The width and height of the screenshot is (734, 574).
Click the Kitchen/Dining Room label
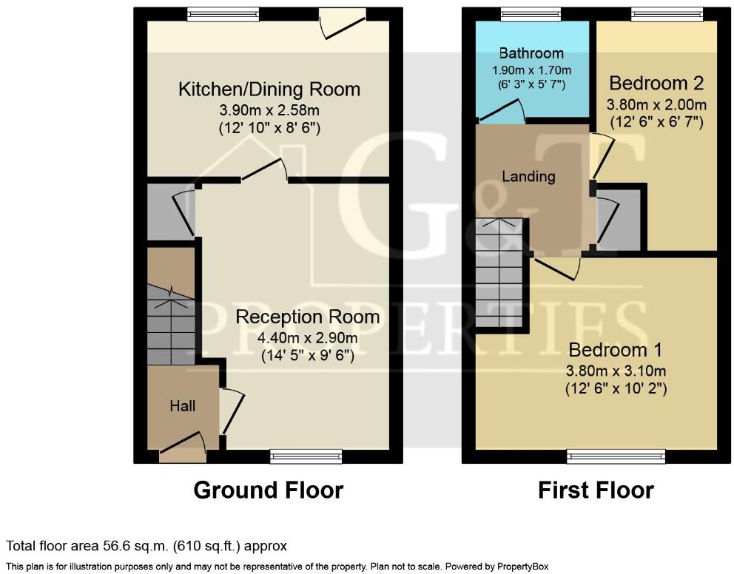pos(269,90)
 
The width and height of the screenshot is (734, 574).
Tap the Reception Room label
pos(307,317)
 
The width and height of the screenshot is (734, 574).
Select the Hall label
pos(183,405)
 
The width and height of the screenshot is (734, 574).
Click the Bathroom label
pos(531,53)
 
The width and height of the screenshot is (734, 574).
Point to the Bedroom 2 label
pos(656,82)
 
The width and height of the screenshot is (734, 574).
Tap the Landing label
pos(528,176)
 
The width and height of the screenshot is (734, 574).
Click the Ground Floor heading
pos(268,490)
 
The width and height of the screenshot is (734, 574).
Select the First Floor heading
pos(596,490)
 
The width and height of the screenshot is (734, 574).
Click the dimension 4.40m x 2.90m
pos(307,338)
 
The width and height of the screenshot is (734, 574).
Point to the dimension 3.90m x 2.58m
pos(269,110)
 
